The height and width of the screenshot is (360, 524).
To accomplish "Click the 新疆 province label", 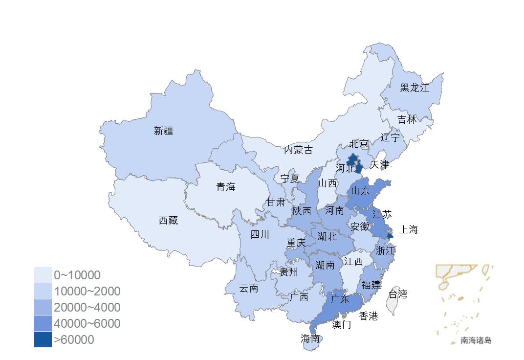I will click(x=163, y=131).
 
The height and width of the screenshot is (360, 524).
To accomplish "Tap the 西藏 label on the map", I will click(x=168, y=221).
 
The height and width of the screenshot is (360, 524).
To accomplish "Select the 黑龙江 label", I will click(x=415, y=88).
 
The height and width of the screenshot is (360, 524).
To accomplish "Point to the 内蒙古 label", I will click(x=298, y=150).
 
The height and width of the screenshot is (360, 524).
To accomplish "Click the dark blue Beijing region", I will click(x=352, y=159).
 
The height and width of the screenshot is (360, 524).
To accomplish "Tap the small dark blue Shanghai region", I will click(x=390, y=236).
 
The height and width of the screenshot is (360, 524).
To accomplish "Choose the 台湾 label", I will click(x=397, y=294).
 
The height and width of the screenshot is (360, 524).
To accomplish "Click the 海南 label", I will click(x=310, y=338).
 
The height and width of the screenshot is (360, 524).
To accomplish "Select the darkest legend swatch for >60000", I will click(x=43, y=339).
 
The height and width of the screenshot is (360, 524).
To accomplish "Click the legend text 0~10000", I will click(x=77, y=275).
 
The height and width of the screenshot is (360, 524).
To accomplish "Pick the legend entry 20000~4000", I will click(x=87, y=307).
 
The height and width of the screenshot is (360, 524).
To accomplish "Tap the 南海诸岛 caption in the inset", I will click(x=476, y=340).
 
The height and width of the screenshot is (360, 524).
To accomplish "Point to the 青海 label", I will click(x=226, y=187).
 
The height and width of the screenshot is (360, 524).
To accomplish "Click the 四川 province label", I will click(x=260, y=235).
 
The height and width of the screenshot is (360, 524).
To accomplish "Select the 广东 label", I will click(x=340, y=299).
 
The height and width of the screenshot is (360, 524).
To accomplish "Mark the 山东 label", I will click(x=361, y=191).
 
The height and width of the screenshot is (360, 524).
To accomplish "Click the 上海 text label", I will click(x=409, y=229).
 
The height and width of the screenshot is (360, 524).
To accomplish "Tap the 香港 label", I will click(x=368, y=316).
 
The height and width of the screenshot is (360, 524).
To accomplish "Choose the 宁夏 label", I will click(x=289, y=179).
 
